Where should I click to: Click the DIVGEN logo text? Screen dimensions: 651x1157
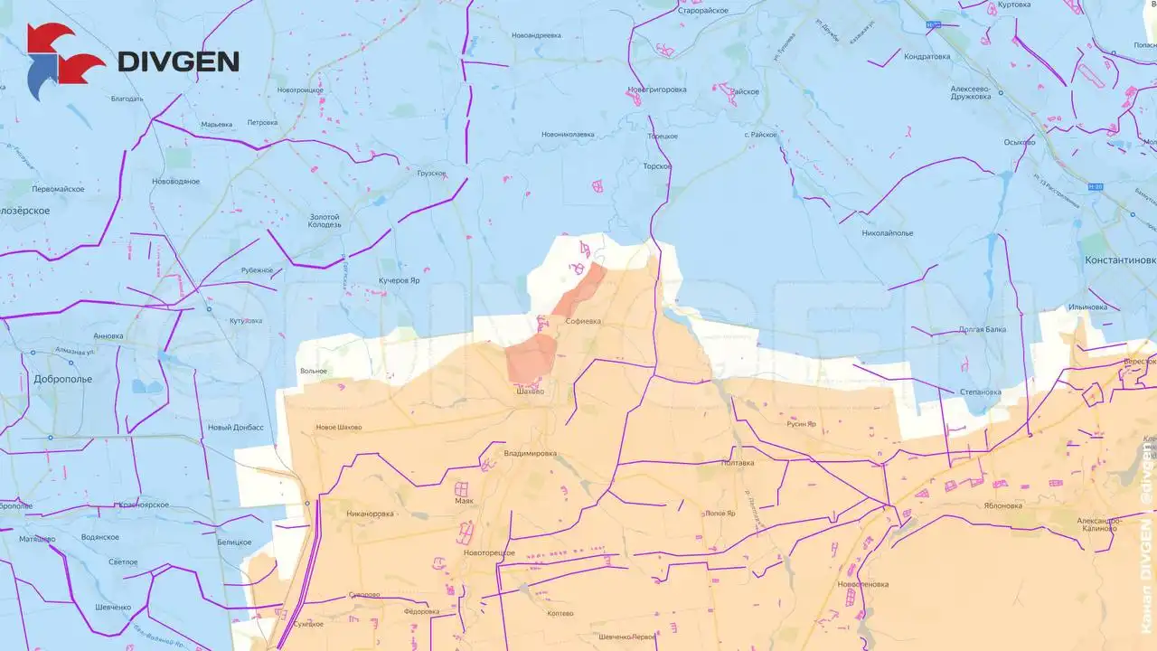pos(178,61)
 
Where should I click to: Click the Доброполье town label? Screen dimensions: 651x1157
pos(62,379)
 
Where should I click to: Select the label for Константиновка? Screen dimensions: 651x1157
pos(1120,259)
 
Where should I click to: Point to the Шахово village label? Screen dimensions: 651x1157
pos(530,392)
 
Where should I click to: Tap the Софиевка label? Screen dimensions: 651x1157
pos(582,321)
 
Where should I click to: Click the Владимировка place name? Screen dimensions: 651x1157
pos(531,453)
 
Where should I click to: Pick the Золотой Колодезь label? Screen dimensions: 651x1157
pos(325,221)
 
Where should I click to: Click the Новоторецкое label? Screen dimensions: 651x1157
pos(488,552)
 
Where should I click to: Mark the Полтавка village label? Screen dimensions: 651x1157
pos(738,462)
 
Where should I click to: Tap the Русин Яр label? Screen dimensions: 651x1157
pos(801,423)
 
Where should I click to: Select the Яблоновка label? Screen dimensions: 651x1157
pos(1003,505)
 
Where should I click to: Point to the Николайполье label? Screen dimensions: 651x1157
pos(888,232)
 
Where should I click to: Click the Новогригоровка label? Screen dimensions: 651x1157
pos(657,90)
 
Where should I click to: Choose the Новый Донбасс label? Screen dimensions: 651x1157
pos(235,427)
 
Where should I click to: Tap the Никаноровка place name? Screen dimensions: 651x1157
pos(370,514)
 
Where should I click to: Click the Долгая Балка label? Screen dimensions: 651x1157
pos(982,329)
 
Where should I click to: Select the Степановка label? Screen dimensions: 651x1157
pos(982,392)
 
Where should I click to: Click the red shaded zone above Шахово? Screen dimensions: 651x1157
pos(531,356)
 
